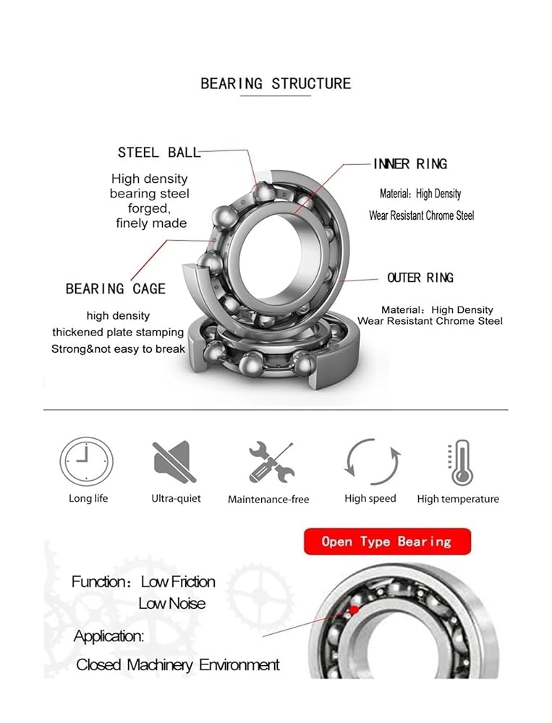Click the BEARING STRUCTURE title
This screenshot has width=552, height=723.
[276, 83]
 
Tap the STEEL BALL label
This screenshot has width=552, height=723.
[159, 152]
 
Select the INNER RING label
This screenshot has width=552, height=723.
[410, 163]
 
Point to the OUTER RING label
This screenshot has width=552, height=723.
[420, 278]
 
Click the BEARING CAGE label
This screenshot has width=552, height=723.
[115, 288]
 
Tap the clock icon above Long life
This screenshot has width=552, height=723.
[86, 461]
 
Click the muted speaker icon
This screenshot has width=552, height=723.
[174, 461]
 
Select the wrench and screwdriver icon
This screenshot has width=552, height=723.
[271, 462]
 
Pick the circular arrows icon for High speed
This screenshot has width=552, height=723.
[373, 461]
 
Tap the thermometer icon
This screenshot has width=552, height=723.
[459, 462]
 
